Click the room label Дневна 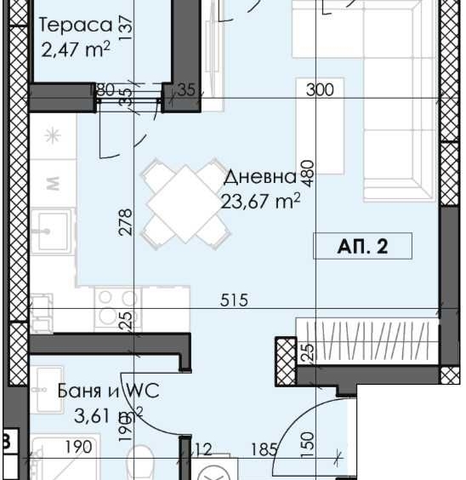point(260,178)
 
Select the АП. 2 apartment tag point(362,247)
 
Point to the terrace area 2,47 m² point(76,49)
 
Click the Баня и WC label point(109,391)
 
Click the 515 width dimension point(233,300)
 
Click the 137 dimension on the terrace point(127,27)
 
